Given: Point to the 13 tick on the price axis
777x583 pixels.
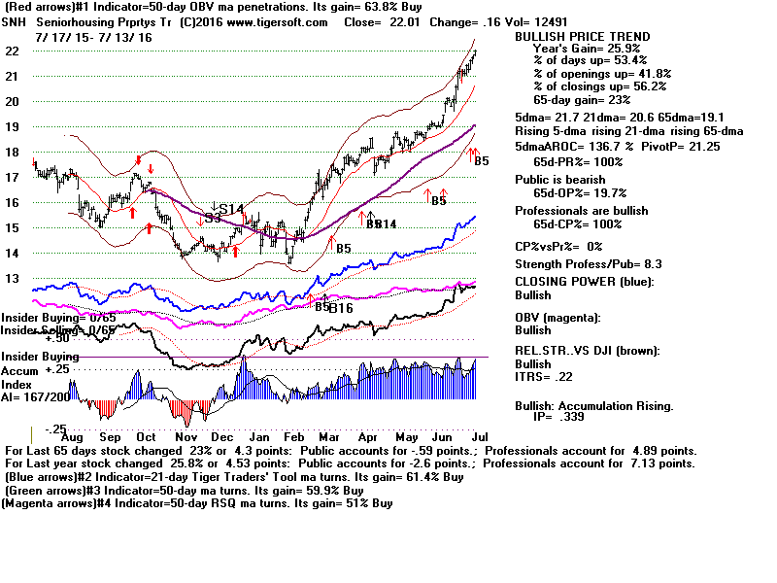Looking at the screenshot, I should pyautogui.click(x=13, y=279).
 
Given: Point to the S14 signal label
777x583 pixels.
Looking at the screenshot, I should pyautogui.click(x=229, y=210).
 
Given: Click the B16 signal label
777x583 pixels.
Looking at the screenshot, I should pyautogui.click(x=340, y=309).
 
